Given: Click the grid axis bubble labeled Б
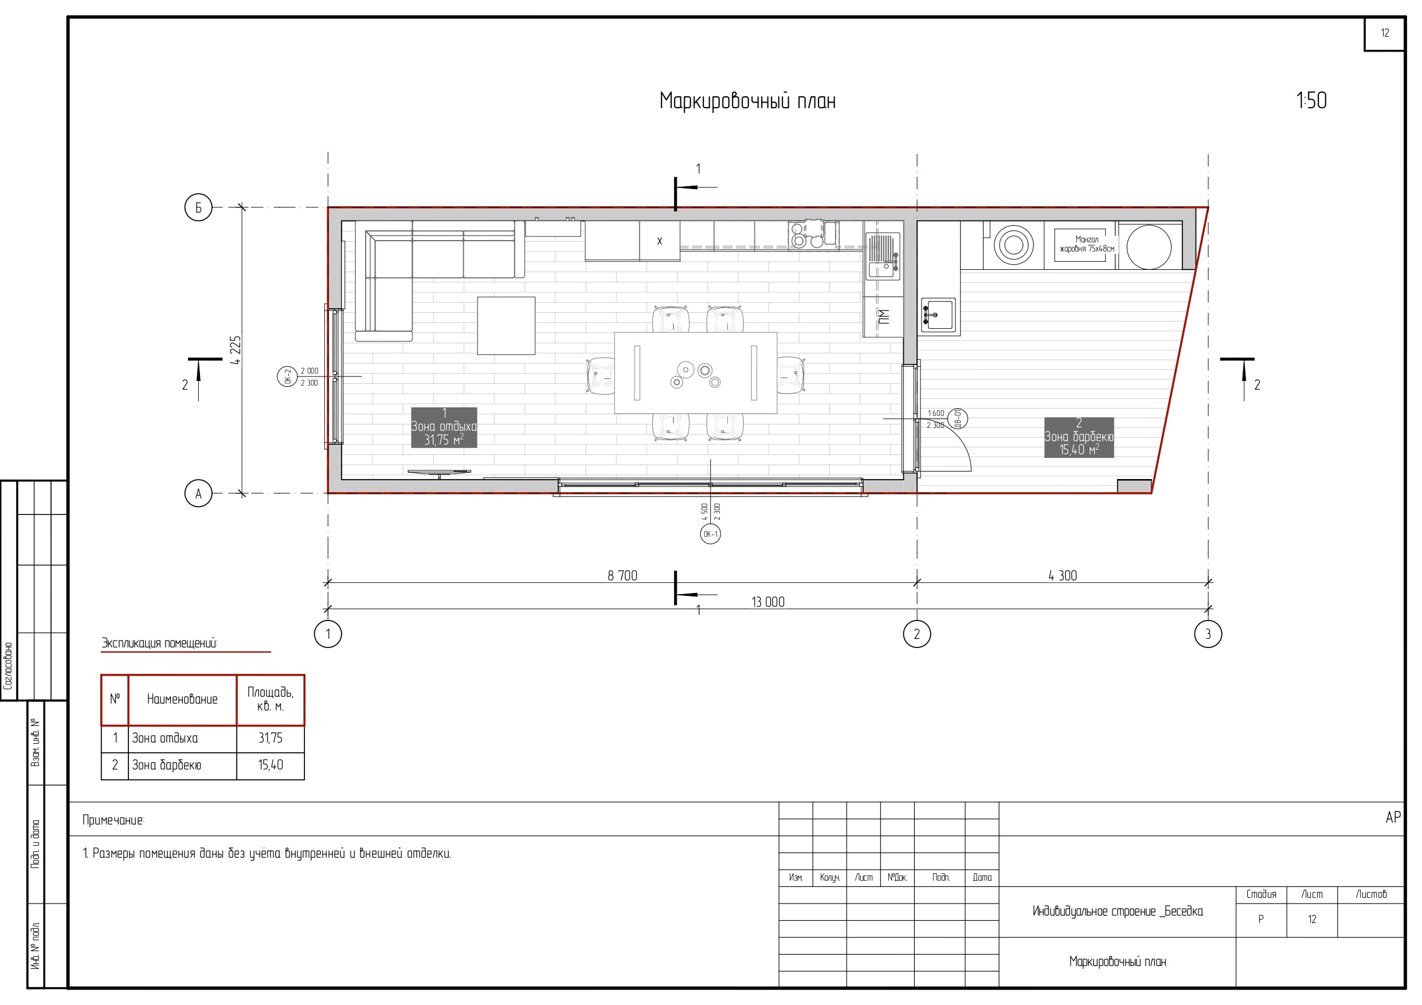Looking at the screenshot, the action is pos(198,207).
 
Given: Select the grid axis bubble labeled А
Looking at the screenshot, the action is pos(198,494).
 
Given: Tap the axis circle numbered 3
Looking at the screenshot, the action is pos(1208,634).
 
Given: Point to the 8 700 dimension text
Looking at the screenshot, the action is pos(622,576).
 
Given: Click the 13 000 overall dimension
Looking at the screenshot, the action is pos(768,602).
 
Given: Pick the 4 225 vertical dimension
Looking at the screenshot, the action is pos(236,350).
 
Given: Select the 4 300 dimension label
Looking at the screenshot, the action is pos(1063,576).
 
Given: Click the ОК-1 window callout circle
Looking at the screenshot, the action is pos(710,534).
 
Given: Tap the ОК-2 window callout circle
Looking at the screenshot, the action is pos(287,376).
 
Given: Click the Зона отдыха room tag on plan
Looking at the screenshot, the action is pos(444,427).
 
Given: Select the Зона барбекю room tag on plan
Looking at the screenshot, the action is pos(1079,437).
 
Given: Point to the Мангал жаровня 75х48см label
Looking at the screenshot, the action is pos(1087,244).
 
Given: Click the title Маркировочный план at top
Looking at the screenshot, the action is pos(747,101).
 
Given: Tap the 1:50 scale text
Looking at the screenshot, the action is pos(1312,100).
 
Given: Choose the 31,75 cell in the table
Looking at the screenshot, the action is pos(271,738).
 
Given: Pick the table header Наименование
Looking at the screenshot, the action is pos(182,699).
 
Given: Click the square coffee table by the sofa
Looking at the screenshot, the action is pos(506,325).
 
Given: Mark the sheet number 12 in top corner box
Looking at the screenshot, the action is pos(1385,33).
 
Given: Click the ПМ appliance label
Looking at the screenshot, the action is pos(884,316).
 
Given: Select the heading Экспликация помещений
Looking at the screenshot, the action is pos(159,643).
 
